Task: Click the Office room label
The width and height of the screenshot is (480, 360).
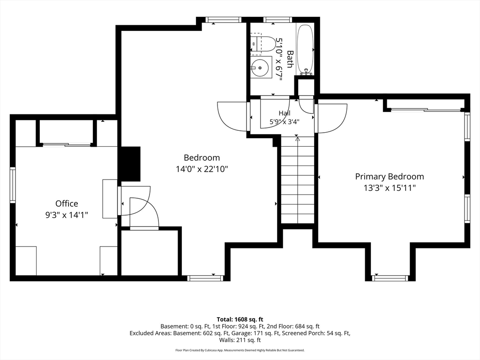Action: pyautogui.click(x=67, y=203)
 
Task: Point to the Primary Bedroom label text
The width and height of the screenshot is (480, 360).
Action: pyautogui.click(x=390, y=177)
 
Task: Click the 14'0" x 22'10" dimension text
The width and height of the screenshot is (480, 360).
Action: pyautogui.click(x=202, y=169)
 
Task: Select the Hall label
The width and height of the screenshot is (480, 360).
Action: pyautogui.click(x=285, y=113)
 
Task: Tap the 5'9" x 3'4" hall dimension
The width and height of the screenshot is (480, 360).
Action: pyautogui.click(x=285, y=121)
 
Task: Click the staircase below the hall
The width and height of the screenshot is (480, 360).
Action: pyautogui.click(x=298, y=180)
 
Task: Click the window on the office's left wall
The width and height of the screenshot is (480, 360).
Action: pyautogui.click(x=13, y=185)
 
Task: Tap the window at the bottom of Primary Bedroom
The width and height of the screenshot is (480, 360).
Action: pyautogui.click(x=390, y=278)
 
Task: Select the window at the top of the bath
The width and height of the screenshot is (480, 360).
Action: pyautogui.click(x=277, y=20)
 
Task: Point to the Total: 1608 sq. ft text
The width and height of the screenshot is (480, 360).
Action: pyautogui.click(x=240, y=320)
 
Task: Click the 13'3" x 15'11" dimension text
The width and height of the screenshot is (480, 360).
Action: pyautogui.click(x=390, y=188)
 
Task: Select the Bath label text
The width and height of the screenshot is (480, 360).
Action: pyautogui.click(x=290, y=60)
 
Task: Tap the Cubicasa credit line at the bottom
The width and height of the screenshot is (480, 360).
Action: pyautogui.click(x=240, y=350)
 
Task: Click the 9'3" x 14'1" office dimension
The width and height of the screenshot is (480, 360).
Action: pyautogui.click(x=67, y=215)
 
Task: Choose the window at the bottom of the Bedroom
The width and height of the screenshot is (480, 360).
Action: pyautogui.click(x=205, y=278)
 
